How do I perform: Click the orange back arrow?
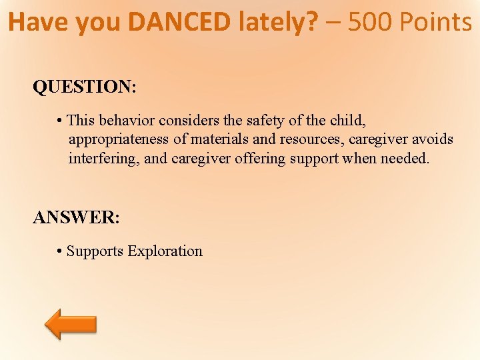tap(71, 324)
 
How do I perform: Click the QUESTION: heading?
tap(85, 87)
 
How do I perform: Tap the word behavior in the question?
tap(127, 121)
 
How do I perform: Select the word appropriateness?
tap(127, 140)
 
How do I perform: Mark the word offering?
tap(259, 159)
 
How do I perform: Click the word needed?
tap(405, 159)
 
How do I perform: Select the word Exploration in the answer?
tap(165, 251)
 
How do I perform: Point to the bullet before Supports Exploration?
tap(59, 251)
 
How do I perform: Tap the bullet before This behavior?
tap(60, 121)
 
